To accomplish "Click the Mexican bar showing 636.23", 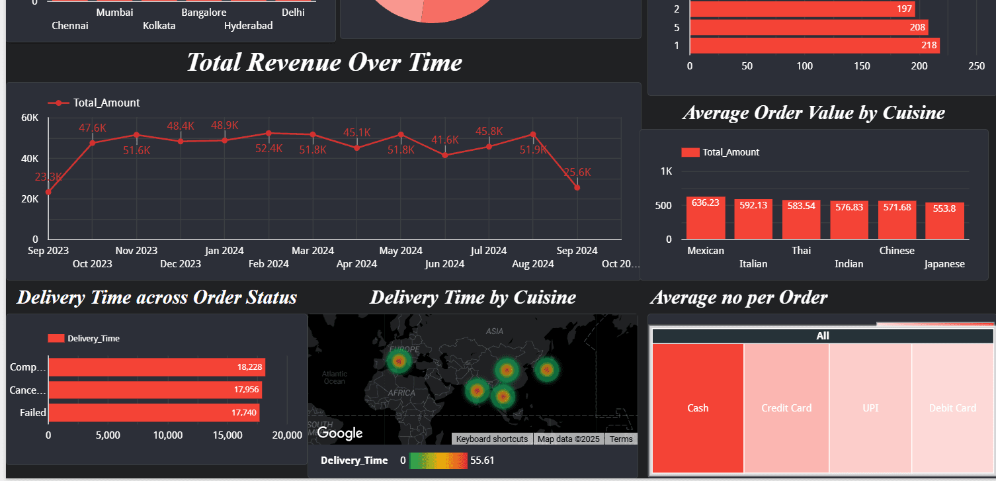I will (x=706, y=218).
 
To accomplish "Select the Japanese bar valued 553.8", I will (x=944, y=221).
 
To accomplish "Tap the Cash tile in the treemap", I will (x=698, y=408).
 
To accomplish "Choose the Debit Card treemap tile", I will (x=952, y=408).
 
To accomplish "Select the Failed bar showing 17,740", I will (x=153, y=413).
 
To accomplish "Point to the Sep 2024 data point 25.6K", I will (x=577, y=188).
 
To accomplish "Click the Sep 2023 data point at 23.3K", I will (x=48, y=192).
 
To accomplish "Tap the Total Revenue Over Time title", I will (x=324, y=62).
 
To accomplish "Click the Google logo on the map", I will (x=340, y=433).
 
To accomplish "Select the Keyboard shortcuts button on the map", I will (x=492, y=439).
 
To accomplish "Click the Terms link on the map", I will (x=621, y=439).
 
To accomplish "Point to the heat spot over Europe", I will (x=399, y=361).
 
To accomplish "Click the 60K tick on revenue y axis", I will (x=30, y=118).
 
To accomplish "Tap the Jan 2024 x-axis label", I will (x=224, y=251).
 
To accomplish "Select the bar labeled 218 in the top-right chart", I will (x=814, y=46).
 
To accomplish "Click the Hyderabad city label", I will (x=248, y=26).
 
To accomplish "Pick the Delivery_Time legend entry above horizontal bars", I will (x=84, y=338).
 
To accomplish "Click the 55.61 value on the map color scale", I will (x=482, y=460).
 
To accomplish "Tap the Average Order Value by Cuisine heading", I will (x=813, y=112).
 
